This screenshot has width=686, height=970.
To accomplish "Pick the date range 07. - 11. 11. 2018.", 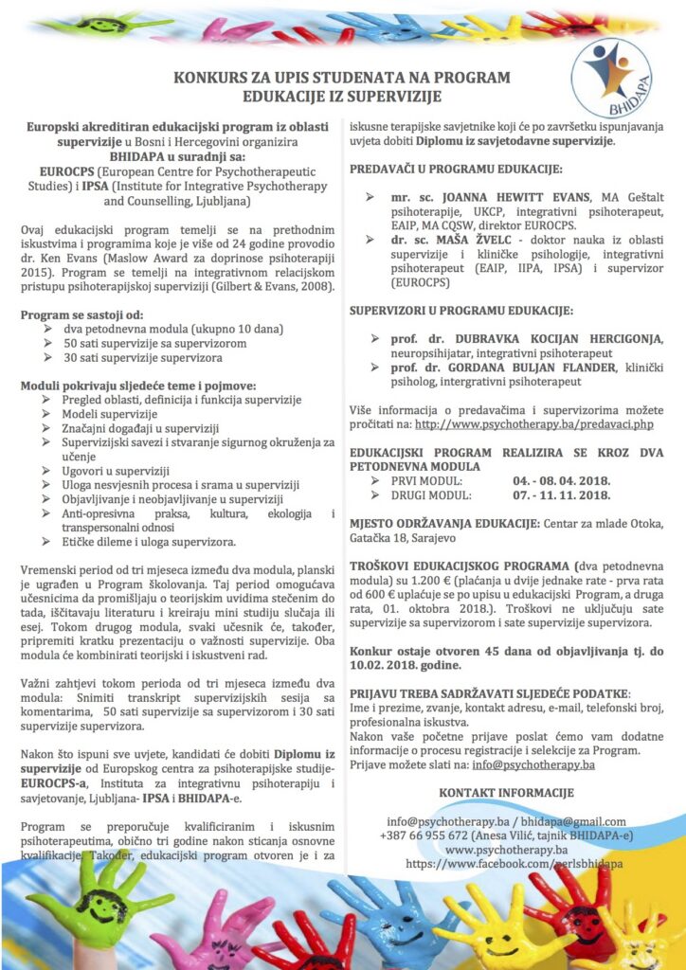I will coord(561,494).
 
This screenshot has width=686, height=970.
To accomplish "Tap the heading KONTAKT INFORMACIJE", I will coord(507,792).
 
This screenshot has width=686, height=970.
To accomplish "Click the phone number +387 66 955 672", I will coord(437,835).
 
